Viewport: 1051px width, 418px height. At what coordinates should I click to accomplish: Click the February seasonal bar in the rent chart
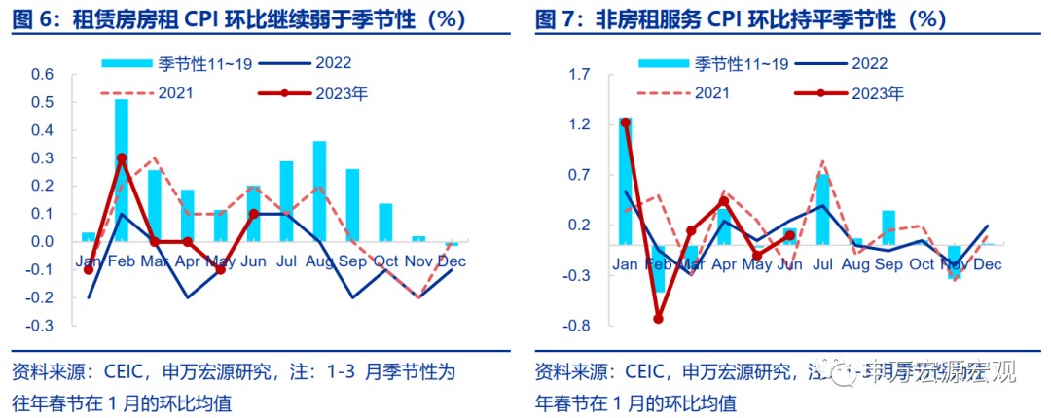pos(122,170)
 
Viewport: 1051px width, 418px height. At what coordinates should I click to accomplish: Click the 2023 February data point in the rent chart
pos(122,157)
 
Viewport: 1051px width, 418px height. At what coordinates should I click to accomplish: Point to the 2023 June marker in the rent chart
pos(253,213)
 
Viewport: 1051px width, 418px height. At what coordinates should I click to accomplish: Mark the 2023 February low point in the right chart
pos(658,318)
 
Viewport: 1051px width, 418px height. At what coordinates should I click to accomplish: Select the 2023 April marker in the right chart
pos(723,202)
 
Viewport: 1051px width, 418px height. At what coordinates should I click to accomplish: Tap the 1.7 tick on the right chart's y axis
pos(580,75)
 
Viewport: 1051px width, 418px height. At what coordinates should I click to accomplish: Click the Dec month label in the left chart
pos(451,262)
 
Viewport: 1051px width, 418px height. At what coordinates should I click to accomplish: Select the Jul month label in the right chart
pos(822,264)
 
